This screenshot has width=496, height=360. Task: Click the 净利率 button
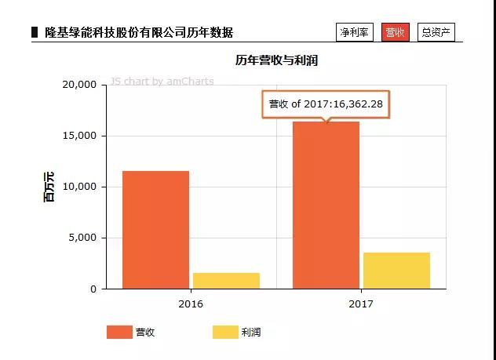(x=355, y=32)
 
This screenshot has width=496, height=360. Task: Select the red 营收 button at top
(x=395, y=32)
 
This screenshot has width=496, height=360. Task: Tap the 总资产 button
(x=436, y=32)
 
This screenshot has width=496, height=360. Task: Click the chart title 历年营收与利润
(x=276, y=60)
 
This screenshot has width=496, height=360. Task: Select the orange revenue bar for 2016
(x=155, y=230)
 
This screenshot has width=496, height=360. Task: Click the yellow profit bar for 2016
(x=226, y=281)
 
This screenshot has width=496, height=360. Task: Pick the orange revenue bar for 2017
(x=326, y=205)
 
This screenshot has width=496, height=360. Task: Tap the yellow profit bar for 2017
(x=396, y=271)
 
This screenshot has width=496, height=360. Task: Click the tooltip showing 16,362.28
(x=326, y=104)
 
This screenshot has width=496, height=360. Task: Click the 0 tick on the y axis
(x=93, y=289)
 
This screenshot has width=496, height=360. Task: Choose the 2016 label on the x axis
(x=191, y=304)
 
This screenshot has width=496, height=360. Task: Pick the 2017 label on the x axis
(x=361, y=304)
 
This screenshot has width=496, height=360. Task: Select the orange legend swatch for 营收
(x=119, y=333)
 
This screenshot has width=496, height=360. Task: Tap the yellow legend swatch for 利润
(x=225, y=333)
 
